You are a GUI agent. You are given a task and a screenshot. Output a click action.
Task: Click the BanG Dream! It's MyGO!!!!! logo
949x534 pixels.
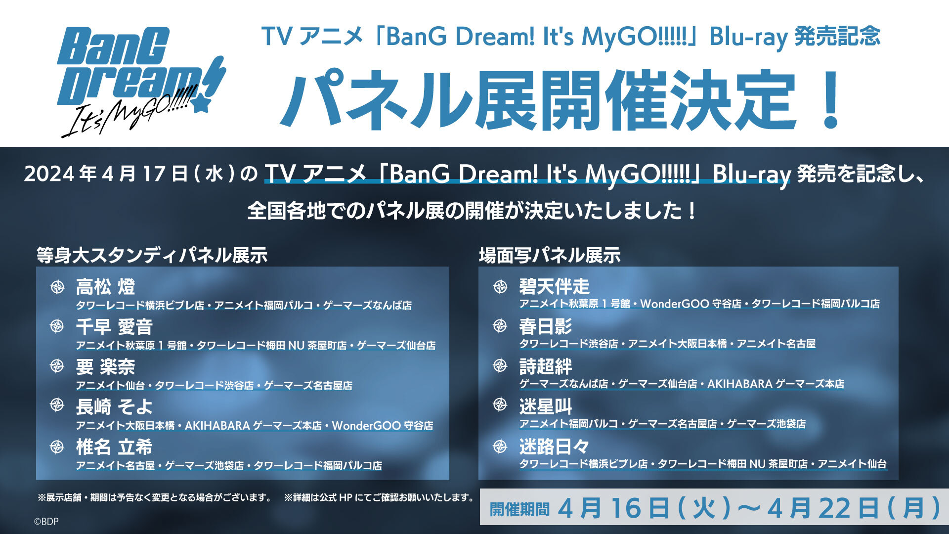[x=141, y=82]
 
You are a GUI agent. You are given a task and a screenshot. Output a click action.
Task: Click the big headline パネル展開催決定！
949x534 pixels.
[x=561, y=100]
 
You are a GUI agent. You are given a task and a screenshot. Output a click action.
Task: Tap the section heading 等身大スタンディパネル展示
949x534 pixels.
[x=152, y=255]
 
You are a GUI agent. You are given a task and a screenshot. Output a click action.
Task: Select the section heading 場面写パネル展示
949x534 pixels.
[x=550, y=255]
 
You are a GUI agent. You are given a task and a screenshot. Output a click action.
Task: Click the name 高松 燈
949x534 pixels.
[x=105, y=287]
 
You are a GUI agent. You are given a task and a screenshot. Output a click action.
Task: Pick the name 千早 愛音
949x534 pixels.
[x=114, y=327]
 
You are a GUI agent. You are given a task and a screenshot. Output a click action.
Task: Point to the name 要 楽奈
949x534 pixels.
[x=105, y=367]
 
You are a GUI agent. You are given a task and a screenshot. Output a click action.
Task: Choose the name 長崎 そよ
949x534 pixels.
[x=114, y=407]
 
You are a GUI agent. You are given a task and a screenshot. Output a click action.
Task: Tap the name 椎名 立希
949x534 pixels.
[x=114, y=447]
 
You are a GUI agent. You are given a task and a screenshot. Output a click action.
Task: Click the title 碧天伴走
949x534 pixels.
[x=554, y=286]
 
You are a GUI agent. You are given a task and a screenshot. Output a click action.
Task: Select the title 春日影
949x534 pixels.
[x=545, y=326]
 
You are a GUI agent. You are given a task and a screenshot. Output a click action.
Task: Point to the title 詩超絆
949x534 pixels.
[x=545, y=366]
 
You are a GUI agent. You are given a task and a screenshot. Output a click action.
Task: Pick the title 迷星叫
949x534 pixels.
[x=545, y=406]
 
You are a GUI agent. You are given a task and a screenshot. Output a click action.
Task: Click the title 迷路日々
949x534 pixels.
[x=554, y=446]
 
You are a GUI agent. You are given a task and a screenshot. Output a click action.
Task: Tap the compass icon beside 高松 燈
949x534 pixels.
[x=57, y=287]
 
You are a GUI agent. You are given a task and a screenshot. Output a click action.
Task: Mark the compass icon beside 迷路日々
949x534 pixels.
[x=500, y=446]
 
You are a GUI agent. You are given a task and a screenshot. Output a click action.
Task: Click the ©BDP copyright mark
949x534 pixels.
[x=46, y=521]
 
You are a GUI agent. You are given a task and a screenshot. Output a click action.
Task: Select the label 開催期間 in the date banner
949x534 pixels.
[x=519, y=509]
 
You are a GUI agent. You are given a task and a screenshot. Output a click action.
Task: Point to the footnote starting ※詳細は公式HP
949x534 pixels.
[x=379, y=497]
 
